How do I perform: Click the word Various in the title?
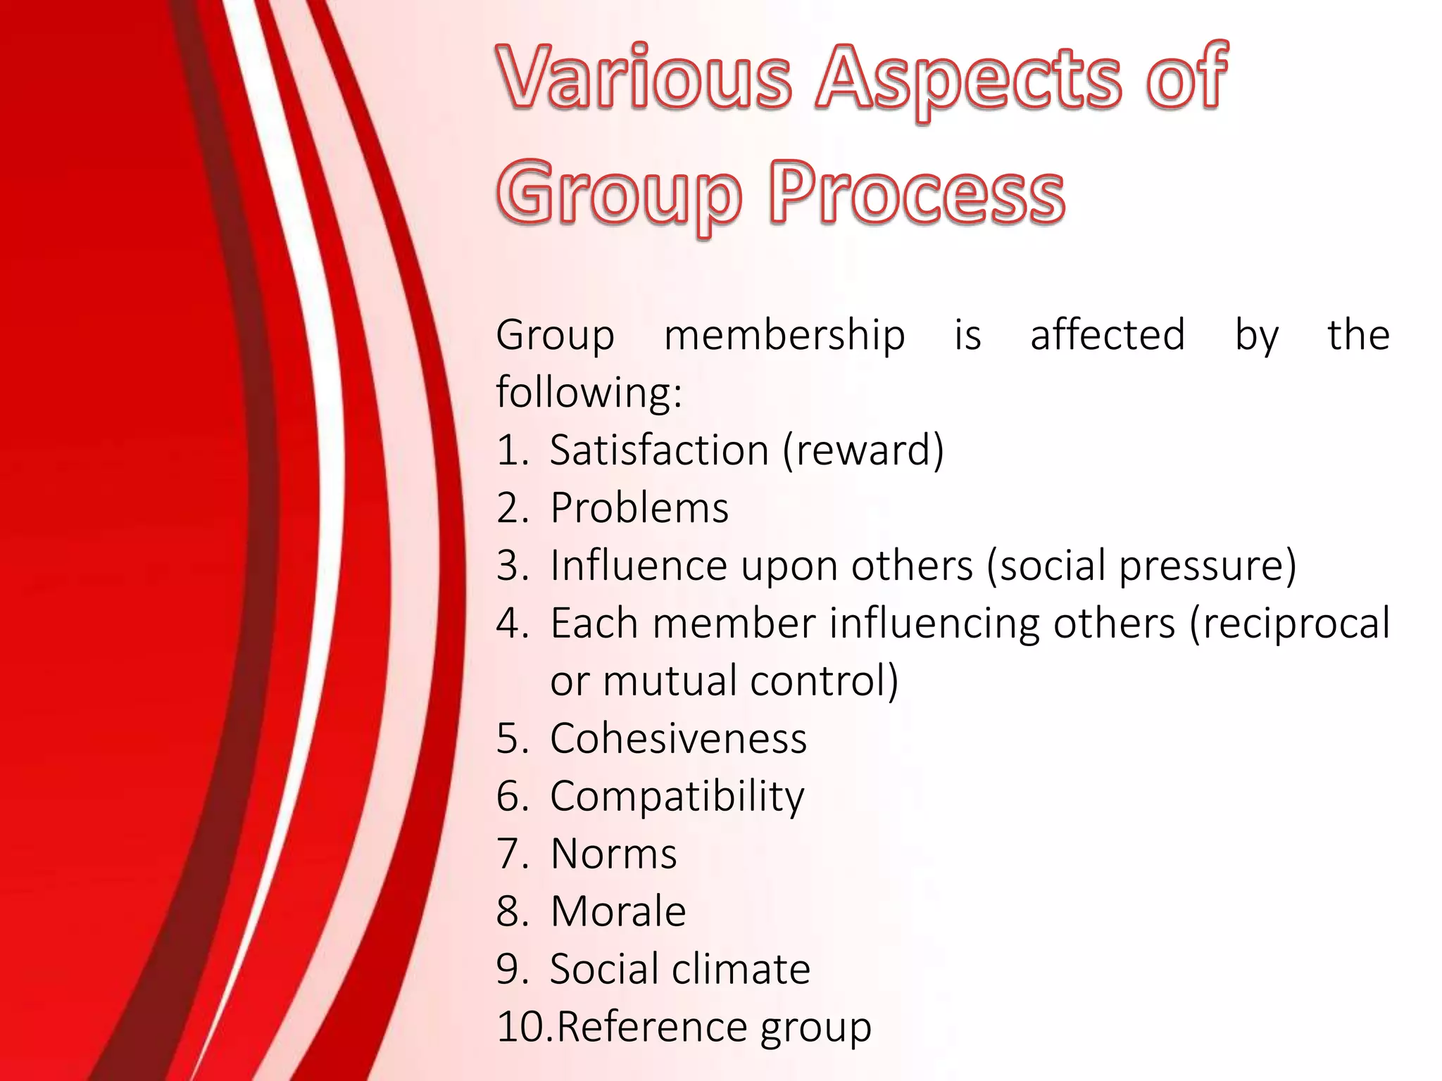coord(644,77)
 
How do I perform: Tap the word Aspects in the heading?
coord(968,79)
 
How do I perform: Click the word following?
coord(589,392)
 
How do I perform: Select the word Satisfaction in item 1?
coord(659,450)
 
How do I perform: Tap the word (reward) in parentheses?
coord(863,450)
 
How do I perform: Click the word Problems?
coord(639,507)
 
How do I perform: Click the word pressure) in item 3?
coord(1208,567)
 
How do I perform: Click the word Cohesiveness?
coord(678,738)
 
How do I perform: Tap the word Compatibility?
coord(677,797)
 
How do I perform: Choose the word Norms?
coord(613,854)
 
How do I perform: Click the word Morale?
coord(618,911)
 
